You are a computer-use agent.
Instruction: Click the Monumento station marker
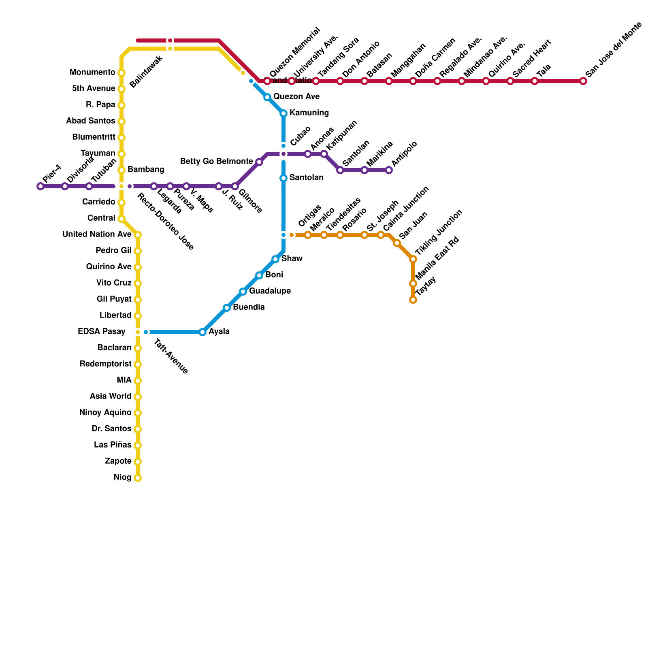[x=122, y=73]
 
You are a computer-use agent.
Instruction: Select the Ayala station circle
[x=202, y=332]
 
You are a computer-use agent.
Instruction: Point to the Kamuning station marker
[x=283, y=113]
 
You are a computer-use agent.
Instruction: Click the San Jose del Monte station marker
[x=583, y=81]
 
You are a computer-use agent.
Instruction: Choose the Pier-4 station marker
[x=40, y=186]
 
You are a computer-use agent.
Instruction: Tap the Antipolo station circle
[x=389, y=170]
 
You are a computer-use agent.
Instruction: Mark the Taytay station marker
[x=413, y=300]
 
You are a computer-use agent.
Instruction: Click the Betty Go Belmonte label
[x=216, y=162]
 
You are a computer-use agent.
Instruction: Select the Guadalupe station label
[x=270, y=291]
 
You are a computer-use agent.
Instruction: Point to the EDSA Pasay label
[x=101, y=332]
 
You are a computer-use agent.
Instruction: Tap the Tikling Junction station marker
[x=413, y=259]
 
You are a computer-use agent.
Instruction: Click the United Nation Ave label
[x=97, y=234]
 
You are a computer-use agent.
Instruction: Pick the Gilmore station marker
[x=235, y=186]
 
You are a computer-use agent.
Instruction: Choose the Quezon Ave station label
[x=296, y=97]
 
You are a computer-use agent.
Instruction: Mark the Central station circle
[x=122, y=219]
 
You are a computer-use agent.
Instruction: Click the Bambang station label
[x=146, y=170]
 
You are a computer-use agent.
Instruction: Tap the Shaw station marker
[x=275, y=259]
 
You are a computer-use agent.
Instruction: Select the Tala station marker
[x=535, y=81]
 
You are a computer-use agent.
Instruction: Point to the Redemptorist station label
[x=105, y=364]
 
